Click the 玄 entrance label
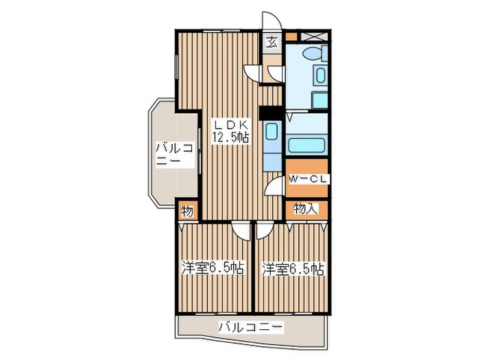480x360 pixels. [272, 43]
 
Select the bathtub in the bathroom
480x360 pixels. [307, 145]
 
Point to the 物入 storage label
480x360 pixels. [306, 209]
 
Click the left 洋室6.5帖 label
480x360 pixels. [213, 267]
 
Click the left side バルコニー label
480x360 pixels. [167, 154]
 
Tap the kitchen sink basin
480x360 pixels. [271, 132]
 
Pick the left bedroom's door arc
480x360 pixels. [240, 229]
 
